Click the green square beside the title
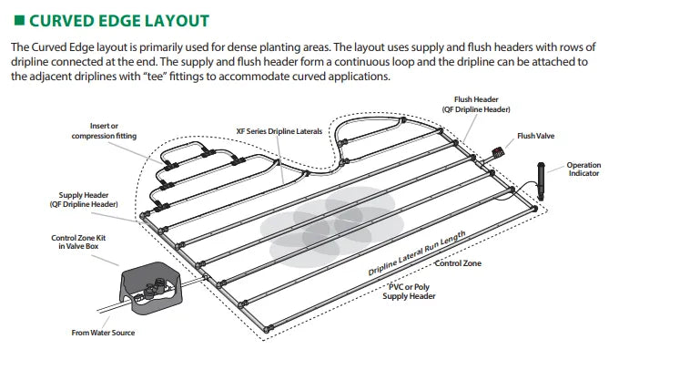coord(19,20)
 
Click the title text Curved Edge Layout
coord(119,21)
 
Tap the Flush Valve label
coord(535,136)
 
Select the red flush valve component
coord(498,152)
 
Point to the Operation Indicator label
coord(584,169)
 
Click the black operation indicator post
coord(541,181)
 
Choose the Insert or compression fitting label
coord(104,130)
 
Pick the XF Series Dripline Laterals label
coord(279,131)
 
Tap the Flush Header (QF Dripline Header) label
coord(476,104)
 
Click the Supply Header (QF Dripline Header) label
coord(84,200)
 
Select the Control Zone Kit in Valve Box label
coord(78,242)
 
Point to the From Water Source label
coord(103,333)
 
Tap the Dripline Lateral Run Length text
coord(416,253)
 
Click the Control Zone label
coord(458,263)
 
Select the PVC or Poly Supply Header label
coord(409,292)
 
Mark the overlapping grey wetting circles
coord(331,227)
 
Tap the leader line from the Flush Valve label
coord(510,144)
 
